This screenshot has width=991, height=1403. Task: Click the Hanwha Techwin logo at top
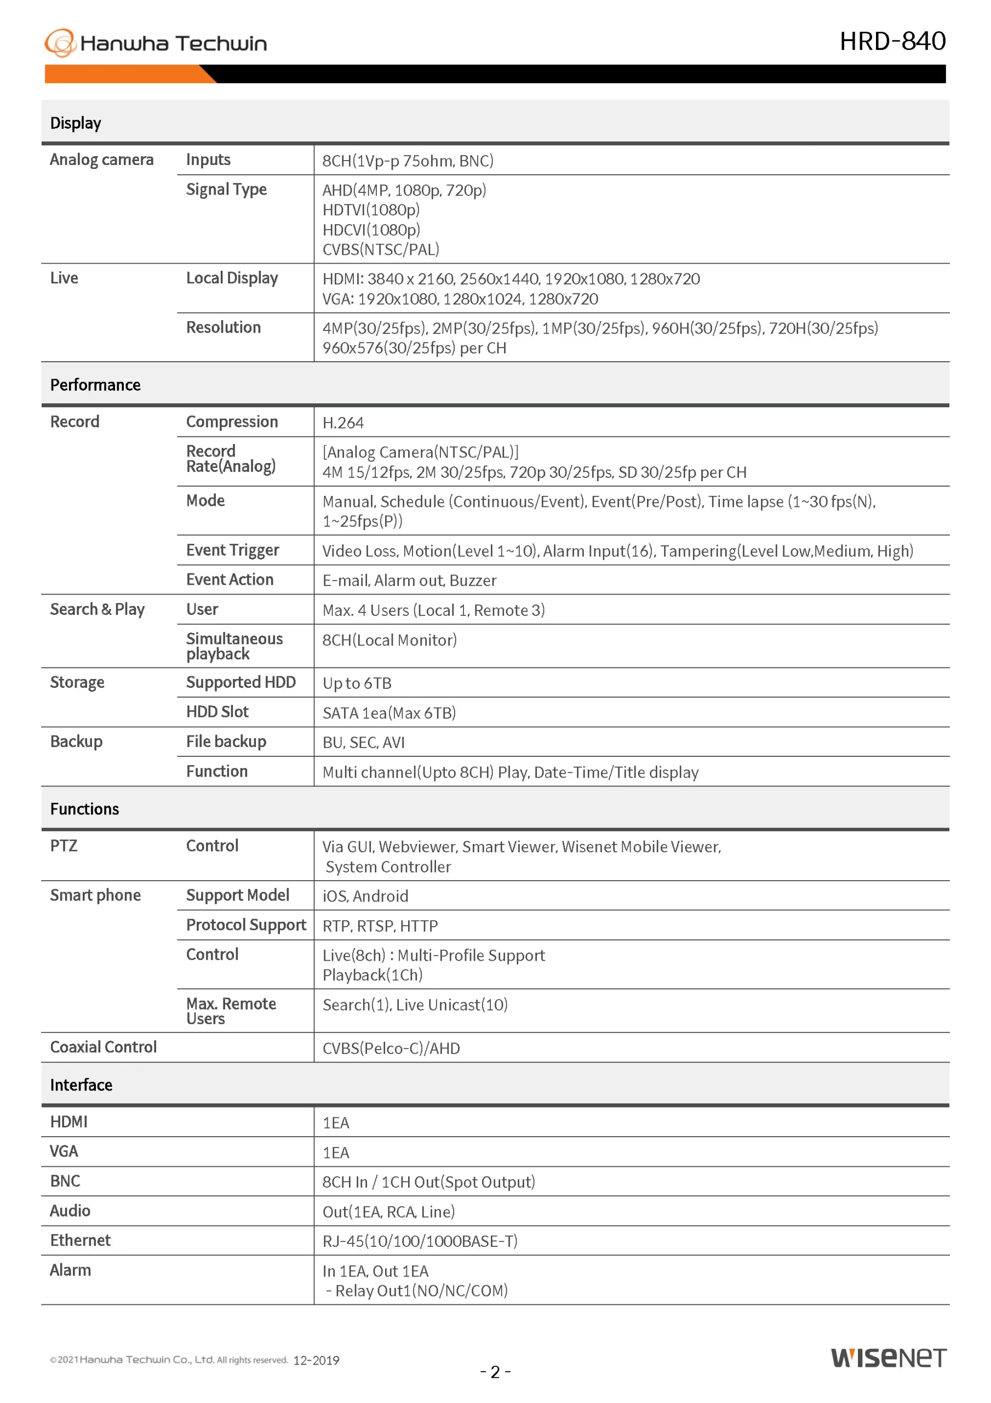coord(155,43)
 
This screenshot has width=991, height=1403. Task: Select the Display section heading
coord(76,123)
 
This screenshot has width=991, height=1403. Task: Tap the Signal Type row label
coord(226,190)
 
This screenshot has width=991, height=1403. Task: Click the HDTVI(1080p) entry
coord(371,210)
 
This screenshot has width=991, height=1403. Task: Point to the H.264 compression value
coord(343,423)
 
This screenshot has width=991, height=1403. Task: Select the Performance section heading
coord(95,385)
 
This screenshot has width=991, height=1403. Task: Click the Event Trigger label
coord(232,551)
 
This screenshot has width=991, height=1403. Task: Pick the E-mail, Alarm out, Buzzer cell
coord(409,580)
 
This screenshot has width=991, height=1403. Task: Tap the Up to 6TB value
coord(357,683)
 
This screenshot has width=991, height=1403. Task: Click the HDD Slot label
coord(217,712)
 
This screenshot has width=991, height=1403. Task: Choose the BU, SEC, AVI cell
coord(364,743)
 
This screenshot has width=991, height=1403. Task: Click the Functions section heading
coord(84,809)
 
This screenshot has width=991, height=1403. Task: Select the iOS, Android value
coord(365,896)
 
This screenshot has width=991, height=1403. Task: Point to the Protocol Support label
coord(245,925)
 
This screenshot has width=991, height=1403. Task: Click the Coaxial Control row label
coord(103,1047)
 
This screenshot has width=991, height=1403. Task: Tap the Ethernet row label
coord(80,1240)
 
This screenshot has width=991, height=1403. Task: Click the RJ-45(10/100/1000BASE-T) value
coord(420,1241)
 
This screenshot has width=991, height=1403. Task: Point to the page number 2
coord(495,1372)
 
